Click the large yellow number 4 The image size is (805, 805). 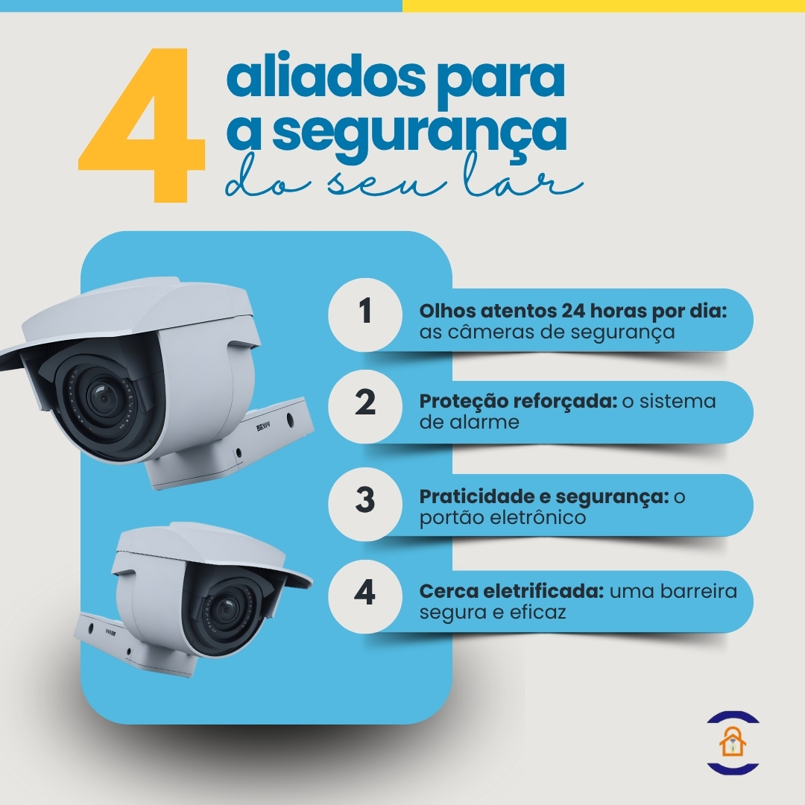[x=142, y=127]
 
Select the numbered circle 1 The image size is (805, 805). [x=364, y=312]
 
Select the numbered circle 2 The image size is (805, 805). [x=364, y=403]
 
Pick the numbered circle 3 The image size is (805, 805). [x=364, y=499]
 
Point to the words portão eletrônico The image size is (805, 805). [x=503, y=517]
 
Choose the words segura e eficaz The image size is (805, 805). [x=493, y=613]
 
